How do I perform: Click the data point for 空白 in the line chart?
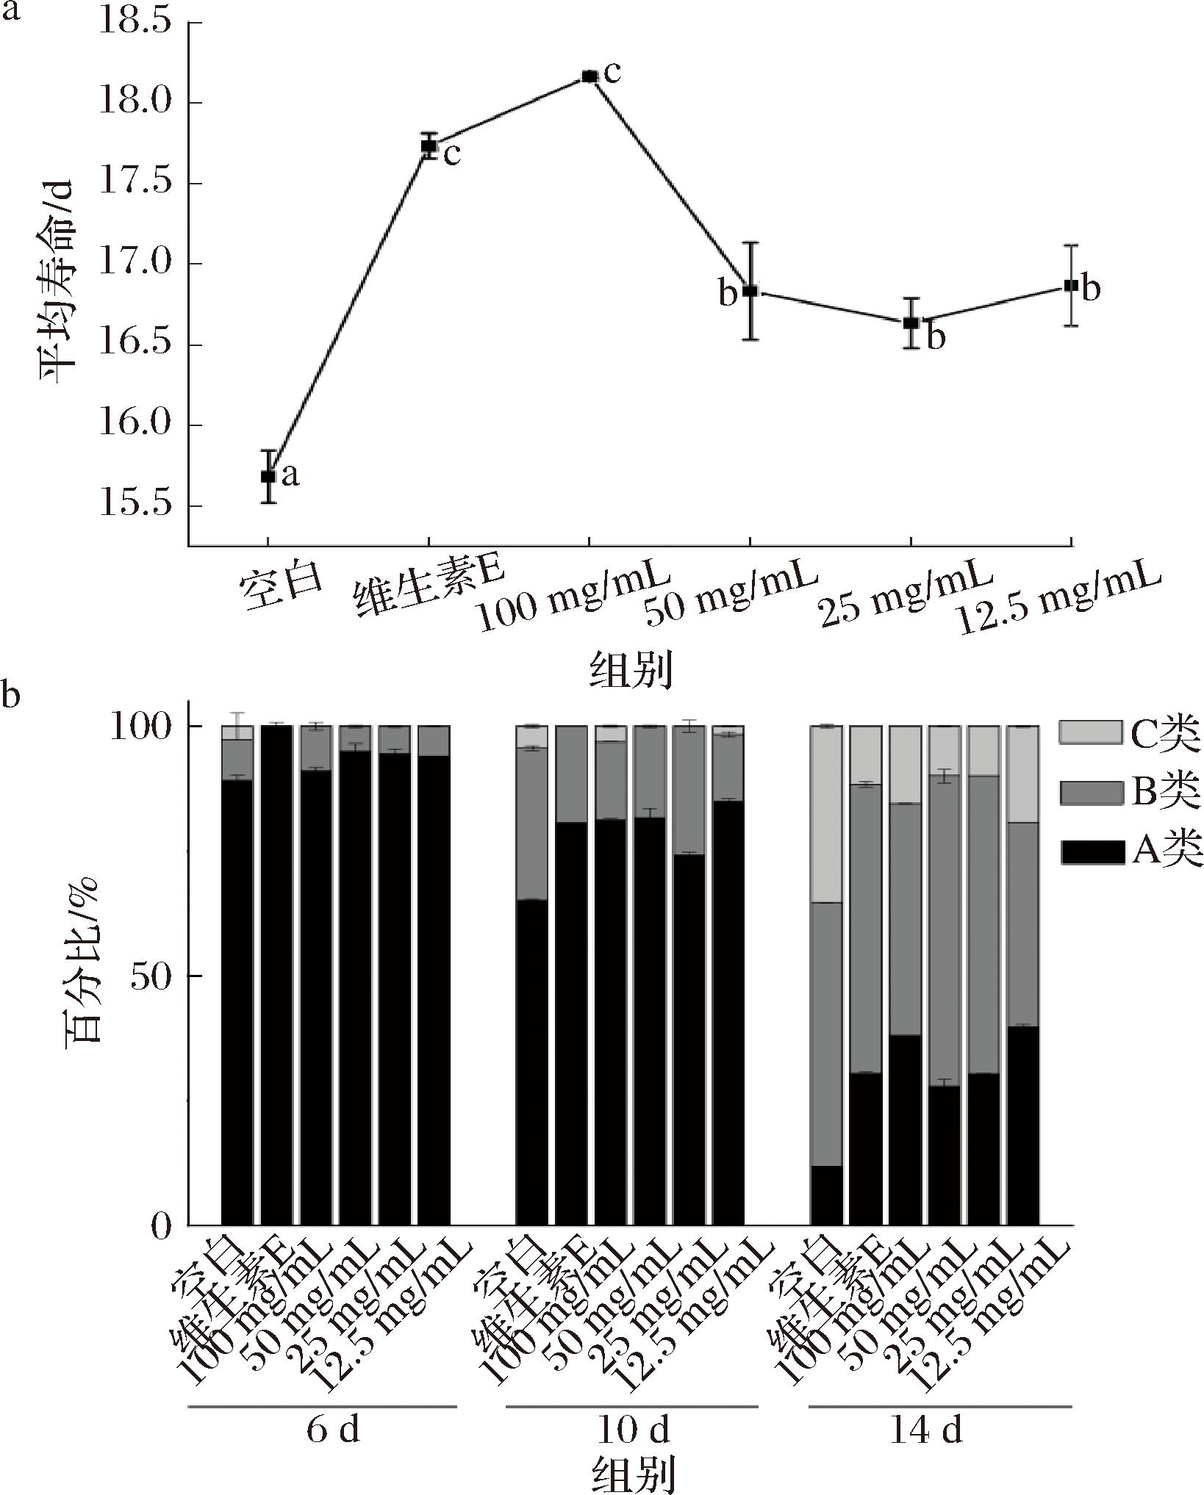268,476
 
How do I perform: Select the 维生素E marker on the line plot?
429,145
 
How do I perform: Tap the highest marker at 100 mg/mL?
589,76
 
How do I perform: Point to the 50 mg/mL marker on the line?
750,291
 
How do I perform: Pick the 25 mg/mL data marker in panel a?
911,323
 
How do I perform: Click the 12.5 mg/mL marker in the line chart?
1071,285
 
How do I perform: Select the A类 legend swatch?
1091,852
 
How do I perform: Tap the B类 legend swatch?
1091,793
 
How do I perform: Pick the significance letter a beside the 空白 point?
290,476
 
